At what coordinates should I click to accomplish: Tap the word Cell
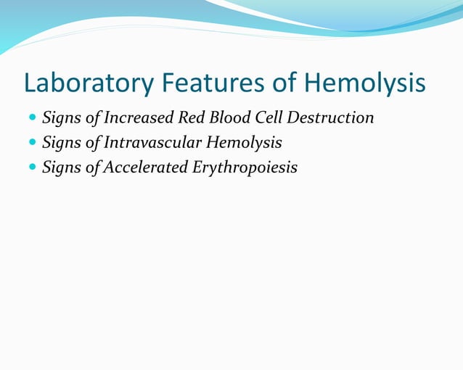[x=269, y=118]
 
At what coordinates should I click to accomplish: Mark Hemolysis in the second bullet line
[x=246, y=143]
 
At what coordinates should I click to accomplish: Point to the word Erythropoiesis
[x=245, y=168]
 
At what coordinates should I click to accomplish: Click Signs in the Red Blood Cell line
[x=62, y=118]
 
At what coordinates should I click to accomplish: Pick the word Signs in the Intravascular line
[x=62, y=143]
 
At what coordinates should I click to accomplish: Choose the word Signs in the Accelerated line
[x=62, y=168]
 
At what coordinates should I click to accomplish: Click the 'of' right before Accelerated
[x=93, y=168]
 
